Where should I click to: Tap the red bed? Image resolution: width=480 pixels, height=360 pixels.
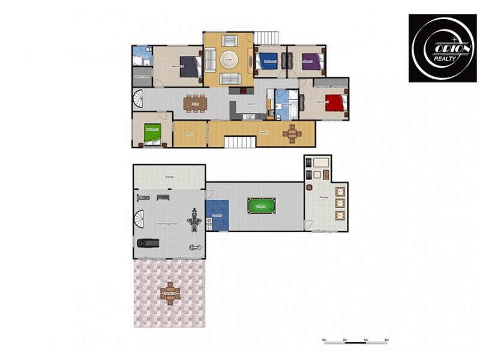(336, 103)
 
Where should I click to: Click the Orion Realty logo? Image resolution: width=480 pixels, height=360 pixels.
(442, 48)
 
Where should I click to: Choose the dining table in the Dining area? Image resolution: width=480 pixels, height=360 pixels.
(195, 103)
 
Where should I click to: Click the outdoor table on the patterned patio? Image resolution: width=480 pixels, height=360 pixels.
(170, 293)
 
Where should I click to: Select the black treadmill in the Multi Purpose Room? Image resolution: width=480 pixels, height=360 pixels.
(147, 242)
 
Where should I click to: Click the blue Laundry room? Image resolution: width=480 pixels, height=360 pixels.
(217, 215)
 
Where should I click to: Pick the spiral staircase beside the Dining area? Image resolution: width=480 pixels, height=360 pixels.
(138, 99)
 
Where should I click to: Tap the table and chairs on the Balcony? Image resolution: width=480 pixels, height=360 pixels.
(292, 133)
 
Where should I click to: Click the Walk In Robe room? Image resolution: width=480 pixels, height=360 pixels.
(143, 76)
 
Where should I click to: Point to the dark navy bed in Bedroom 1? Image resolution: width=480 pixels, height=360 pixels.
(190, 66)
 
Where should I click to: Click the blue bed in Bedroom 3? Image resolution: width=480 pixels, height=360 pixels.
(266, 61)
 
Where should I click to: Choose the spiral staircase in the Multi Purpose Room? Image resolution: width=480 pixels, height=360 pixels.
(140, 220)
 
